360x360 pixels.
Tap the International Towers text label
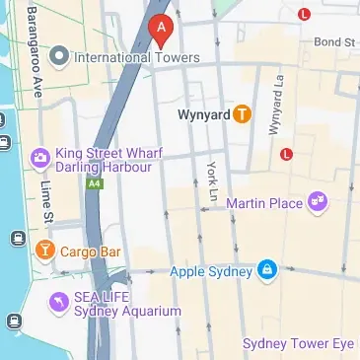[x=137, y=57]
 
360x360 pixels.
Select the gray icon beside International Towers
[x=59, y=55]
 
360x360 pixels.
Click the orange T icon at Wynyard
[x=243, y=114]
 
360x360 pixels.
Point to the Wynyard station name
[x=203, y=114]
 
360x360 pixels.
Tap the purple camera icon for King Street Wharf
[x=39, y=156]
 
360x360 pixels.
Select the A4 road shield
[x=94, y=183]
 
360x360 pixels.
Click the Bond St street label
[x=334, y=42]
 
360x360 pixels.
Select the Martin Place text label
[x=264, y=203]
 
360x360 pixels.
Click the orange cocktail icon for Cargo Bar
[x=44, y=252]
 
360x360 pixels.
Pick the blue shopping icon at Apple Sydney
[x=267, y=270]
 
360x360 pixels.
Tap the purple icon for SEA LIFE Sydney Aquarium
[x=58, y=301]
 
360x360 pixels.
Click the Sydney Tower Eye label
[x=299, y=343]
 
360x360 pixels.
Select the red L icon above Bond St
[x=304, y=14]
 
